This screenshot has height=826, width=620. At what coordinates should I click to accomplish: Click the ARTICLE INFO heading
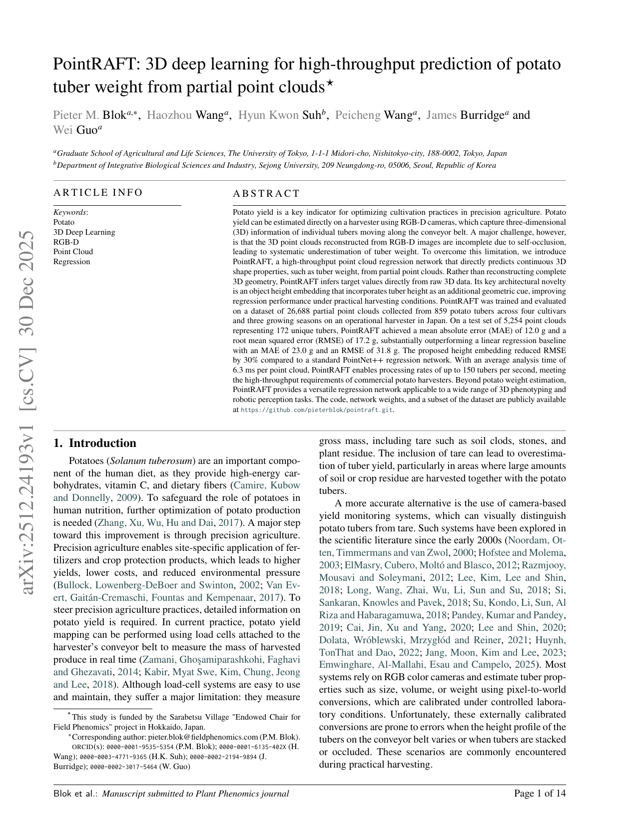[98, 193]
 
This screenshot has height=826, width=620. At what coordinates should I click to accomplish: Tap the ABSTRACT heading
[266, 194]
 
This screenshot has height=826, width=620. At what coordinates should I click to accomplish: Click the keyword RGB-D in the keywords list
[66, 242]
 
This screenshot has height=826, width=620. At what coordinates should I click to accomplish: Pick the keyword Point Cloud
[73, 252]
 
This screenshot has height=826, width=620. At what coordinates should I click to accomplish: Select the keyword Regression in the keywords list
[71, 262]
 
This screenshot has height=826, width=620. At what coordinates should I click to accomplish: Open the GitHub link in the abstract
[317, 410]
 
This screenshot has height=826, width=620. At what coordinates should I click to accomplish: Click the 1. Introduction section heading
[95, 443]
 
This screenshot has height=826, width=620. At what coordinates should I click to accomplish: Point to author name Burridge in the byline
[482, 115]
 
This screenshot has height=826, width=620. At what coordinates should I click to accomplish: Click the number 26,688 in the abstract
[302, 311]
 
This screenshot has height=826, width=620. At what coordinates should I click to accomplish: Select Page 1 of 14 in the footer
[540, 794]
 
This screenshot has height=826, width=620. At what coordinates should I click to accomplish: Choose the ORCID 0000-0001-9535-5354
[140, 747]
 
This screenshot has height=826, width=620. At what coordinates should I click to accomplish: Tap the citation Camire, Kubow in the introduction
[265, 485]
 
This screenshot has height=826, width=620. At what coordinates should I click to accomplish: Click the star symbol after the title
[330, 83]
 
